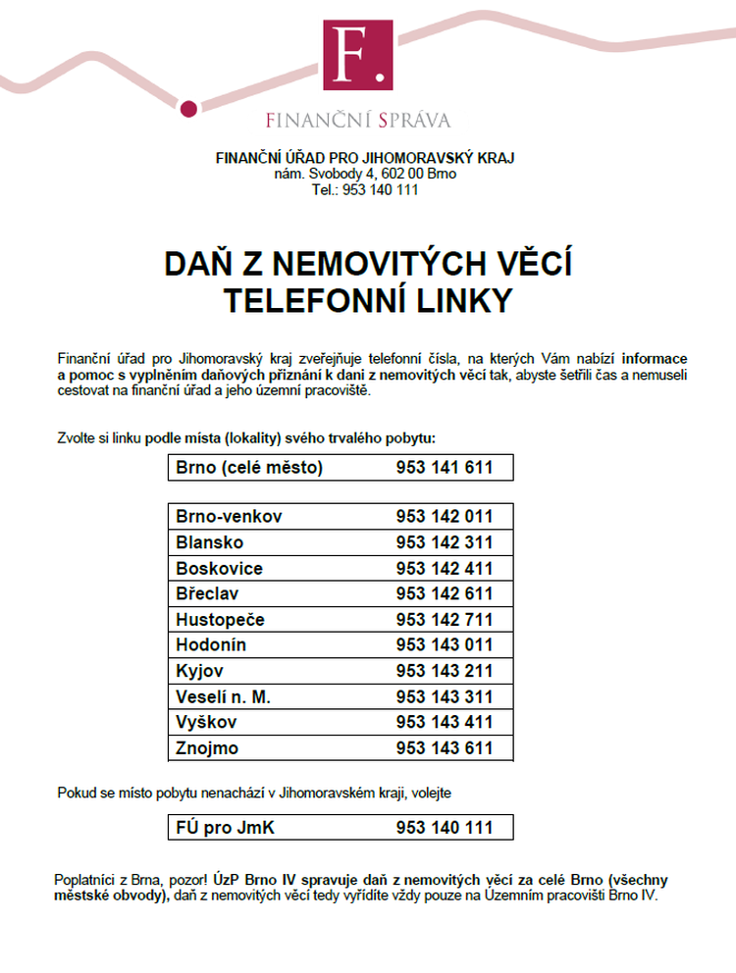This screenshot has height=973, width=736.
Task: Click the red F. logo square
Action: [x=357, y=56]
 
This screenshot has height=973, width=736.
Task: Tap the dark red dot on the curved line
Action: [x=191, y=108]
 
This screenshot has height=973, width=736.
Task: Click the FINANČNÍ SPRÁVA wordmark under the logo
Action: [x=358, y=121]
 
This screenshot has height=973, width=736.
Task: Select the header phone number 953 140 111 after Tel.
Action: [x=381, y=189]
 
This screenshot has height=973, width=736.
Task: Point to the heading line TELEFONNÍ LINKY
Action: [x=367, y=301]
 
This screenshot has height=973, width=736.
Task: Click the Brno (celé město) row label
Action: [x=249, y=468]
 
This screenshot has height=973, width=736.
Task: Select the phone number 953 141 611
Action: [x=445, y=468]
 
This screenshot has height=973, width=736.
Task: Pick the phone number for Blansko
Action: [x=445, y=542]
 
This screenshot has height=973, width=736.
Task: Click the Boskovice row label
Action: [x=220, y=569]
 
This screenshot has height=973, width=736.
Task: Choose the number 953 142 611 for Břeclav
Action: [x=445, y=594]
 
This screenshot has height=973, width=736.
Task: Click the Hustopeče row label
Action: [x=221, y=620]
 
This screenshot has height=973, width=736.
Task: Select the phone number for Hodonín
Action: [x=445, y=645]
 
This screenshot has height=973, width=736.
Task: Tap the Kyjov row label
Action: [x=200, y=672]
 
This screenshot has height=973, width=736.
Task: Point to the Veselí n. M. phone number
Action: [x=445, y=697]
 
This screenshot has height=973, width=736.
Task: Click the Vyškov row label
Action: [x=206, y=723]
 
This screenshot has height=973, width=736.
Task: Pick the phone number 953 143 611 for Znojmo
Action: [x=445, y=748]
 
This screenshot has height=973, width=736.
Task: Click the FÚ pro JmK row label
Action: [x=226, y=829]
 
